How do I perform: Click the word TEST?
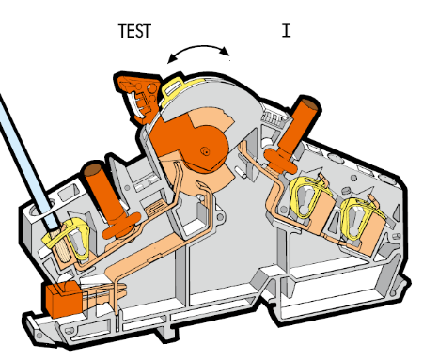coord(134,31)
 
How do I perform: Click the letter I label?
coord(286,31)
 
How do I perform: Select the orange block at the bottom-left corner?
coord(64,299)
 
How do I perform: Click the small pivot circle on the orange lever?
coord(205,151)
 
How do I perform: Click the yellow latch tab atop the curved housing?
coord(173,86)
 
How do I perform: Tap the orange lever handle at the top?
coord(138,94)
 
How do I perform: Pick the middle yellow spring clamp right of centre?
coord(305,196)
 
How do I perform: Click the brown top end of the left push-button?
coord(93,169)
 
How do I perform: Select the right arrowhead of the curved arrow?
coord(225,51)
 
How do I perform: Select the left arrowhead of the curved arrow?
coord(173,58)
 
